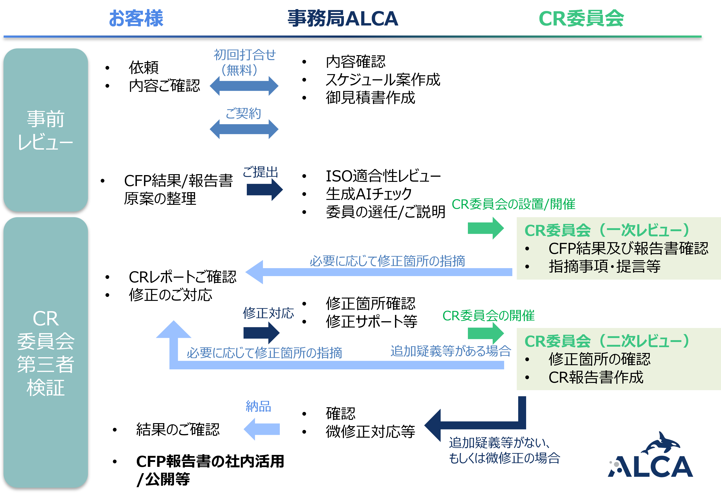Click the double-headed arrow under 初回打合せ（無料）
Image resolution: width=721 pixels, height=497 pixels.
tap(244, 86)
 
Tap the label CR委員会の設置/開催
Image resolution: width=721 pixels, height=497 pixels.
tap(513, 204)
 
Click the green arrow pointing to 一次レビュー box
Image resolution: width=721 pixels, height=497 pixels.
tap(485, 228)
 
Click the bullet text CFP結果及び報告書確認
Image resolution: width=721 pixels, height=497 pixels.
tap(628, 248)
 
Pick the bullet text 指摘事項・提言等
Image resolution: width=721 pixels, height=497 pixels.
tap(604, 267)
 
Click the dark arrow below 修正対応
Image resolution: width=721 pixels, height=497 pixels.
tap(261, 333)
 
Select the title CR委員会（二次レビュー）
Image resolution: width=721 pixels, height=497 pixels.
tap(608, 341)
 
